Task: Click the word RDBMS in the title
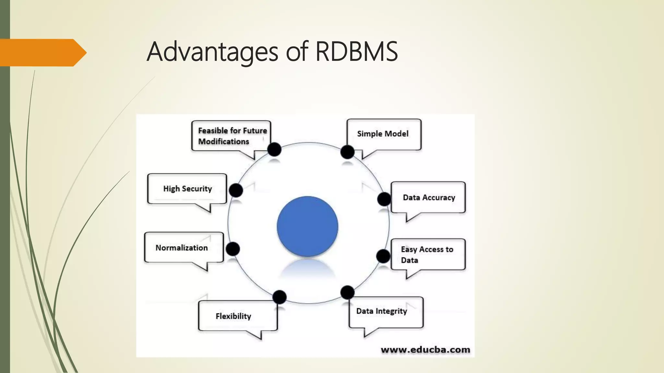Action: coord(356,51)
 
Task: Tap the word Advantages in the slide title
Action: coord(212,52)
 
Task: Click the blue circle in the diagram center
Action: coord(307,226)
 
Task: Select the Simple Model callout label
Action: coord(383,134)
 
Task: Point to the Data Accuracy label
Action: coord(429,198)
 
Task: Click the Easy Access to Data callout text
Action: coord(427,254)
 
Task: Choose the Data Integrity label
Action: coord(381,311)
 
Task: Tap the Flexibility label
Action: coord(233,316)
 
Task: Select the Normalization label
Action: coord(182,248)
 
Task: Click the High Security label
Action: coord(187,189)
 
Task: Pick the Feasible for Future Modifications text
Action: coord(232,136)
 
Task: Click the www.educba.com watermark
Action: coord(425,350)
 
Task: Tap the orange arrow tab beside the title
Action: coord(42,52)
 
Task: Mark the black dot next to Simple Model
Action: coord(347,152)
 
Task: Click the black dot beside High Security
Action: coord(236,190)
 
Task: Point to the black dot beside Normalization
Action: coord(233,249)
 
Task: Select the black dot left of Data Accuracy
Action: coord(384,199)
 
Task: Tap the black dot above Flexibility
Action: coord(279,297)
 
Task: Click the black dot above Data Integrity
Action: coord(347,292)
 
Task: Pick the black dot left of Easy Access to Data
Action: coord(383,256)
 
